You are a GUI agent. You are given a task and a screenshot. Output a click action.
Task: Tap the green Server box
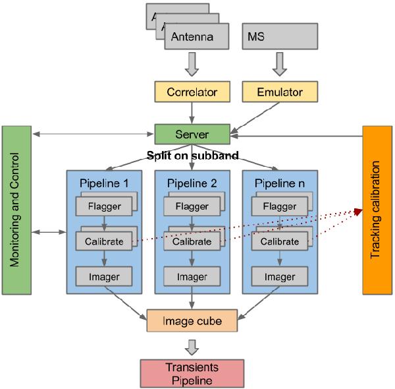192,135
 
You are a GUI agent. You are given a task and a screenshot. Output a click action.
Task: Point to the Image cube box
191,322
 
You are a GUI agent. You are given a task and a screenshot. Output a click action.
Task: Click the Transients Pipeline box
191,374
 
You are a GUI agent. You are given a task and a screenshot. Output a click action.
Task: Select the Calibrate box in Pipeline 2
191,241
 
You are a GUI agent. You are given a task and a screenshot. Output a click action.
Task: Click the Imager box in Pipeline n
279,277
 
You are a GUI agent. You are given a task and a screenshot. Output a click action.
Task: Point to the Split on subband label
191,156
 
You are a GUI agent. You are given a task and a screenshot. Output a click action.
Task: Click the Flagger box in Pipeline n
279,206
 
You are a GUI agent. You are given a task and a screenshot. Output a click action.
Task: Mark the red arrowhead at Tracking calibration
358,212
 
